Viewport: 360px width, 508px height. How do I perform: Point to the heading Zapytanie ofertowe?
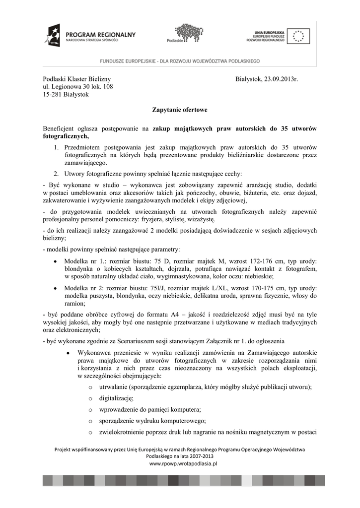pyautogui.click(x=179, y=109)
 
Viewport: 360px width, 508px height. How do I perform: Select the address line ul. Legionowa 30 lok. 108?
pyautogui.click(x=78, y=87)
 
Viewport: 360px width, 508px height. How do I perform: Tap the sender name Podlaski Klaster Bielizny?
pyautogui.click(x=77, y=79)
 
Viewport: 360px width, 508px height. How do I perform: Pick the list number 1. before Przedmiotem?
pyautogui.click(x=57, y=147)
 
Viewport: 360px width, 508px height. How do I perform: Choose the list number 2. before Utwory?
pyautogui.click(x=57, y=174)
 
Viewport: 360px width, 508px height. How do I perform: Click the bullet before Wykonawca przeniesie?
pyautogui.click(x=67, y=353)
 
